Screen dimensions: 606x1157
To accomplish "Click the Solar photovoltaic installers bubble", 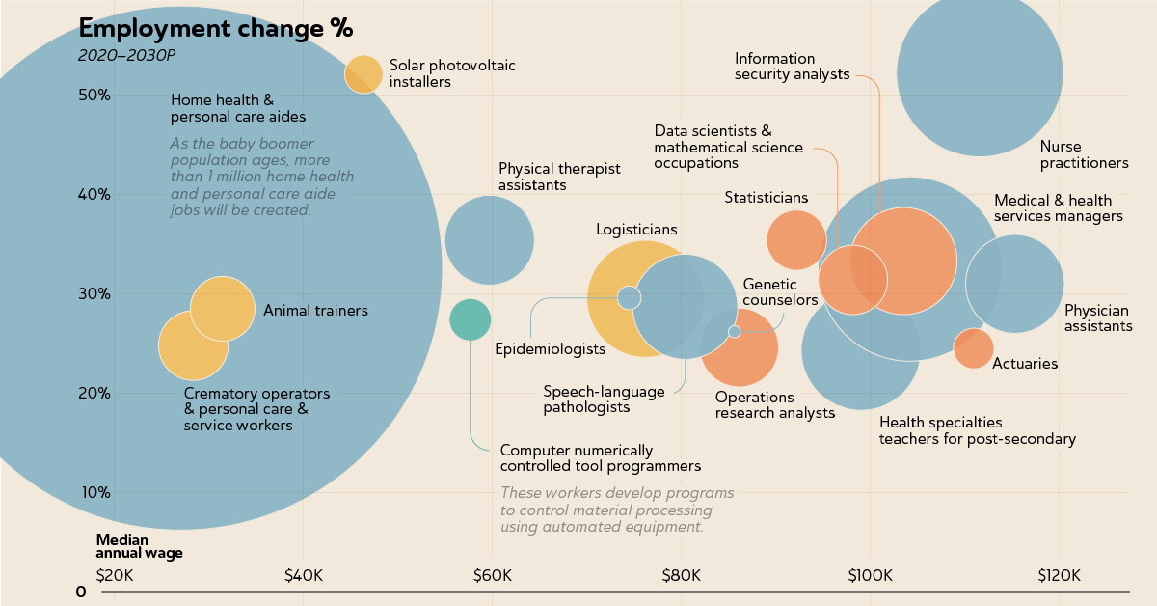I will pos(363,74).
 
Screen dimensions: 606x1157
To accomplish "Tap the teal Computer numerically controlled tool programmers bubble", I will pos(471,319).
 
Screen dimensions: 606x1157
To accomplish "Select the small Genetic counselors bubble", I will pos(734,331).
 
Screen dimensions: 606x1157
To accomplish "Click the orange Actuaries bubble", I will pos(973,347).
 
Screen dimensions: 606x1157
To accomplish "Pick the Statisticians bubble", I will pos(796,240).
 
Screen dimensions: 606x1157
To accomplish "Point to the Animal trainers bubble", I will pos(223,308).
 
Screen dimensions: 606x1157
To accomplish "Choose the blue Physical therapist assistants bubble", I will pos(490,240).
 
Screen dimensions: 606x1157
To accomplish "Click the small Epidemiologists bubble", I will pos(629,297).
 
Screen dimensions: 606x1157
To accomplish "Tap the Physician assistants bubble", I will pos(1014,284).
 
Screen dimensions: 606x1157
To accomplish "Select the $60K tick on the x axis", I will pos(492,576).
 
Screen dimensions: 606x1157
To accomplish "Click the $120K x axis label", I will pos(1059,576).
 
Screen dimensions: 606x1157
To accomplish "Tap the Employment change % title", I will pos(215,27).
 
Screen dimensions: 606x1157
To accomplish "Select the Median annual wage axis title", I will pos(139,547).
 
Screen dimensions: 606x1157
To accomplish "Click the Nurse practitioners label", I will pos(1084,154).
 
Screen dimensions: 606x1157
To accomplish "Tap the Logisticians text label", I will pos(636,230).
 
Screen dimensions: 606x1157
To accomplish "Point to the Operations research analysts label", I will pos(774,405).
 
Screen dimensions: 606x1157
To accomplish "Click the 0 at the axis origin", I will pos(82,592).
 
